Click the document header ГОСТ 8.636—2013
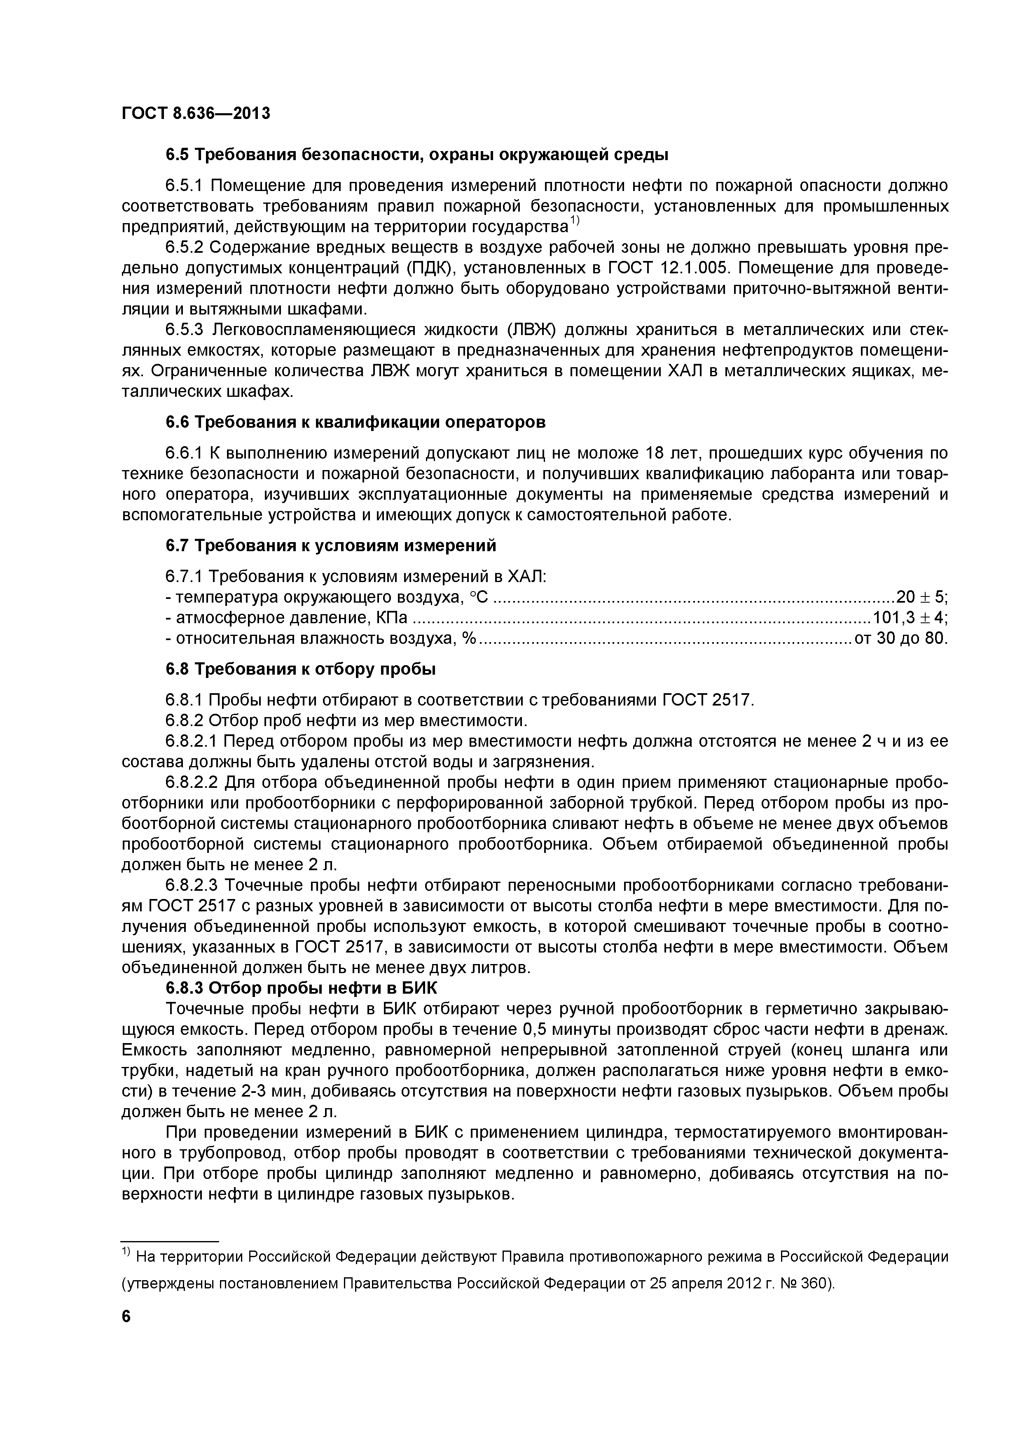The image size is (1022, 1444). click(x=196, y=114)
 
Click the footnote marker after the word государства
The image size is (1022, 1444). click(x=575, y=221)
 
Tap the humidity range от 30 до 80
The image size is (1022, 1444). click(x=900, y=638)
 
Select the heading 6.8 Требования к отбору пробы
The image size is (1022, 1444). click(x=301, y=669)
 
